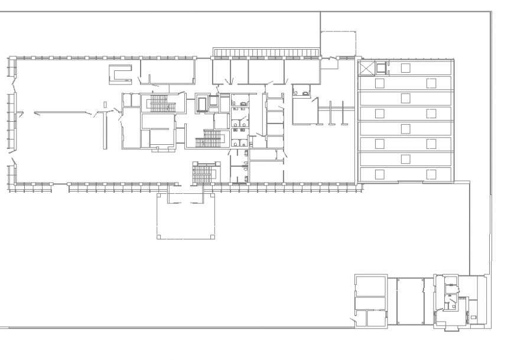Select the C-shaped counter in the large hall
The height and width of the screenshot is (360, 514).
(x=121, y=74)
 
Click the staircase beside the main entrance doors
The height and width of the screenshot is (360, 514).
(x=203, y=174)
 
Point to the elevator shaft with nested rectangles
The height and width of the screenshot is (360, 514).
(x=202, y=103)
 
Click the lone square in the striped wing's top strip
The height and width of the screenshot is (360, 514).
(x=405, y=67)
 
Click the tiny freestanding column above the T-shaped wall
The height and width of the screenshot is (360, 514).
(x=105, y=105)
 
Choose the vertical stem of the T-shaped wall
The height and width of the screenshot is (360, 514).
(x=106, y=129)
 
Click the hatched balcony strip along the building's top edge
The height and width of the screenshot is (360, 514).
(x=266, y=54)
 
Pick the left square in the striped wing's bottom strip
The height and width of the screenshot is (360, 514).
(x=380, y=173)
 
